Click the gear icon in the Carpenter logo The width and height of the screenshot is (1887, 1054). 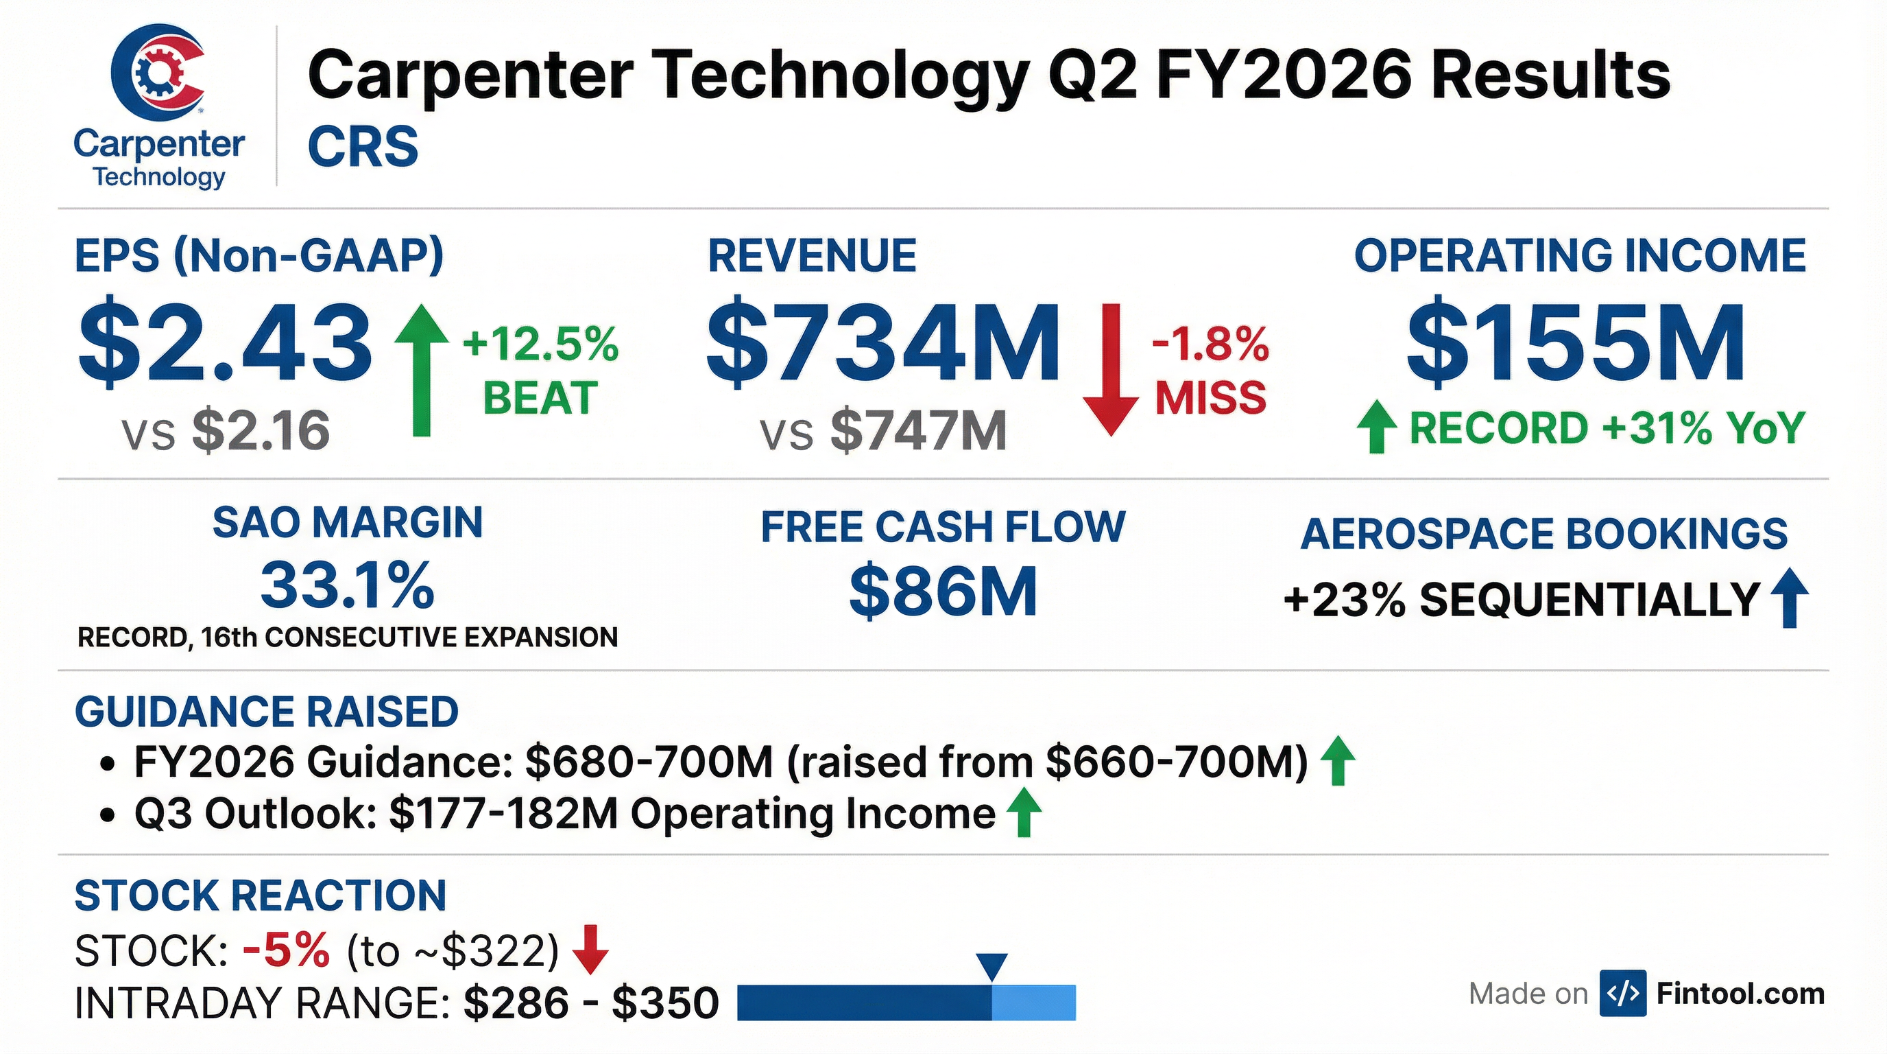(x=154, y=72)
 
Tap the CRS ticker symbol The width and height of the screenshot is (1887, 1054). (x=363, y=147)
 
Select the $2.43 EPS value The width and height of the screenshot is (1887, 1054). (x=225, y=343)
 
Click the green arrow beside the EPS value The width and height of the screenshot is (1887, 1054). (x=421, y=370)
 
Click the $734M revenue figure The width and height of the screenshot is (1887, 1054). (x=882, y=343)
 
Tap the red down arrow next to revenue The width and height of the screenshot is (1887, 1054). (x=1111, y=370)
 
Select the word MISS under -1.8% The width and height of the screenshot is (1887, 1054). (x=1211, y=398)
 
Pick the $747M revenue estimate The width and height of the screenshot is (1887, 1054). (x=918, y=431)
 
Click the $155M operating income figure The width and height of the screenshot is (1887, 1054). (x=1576, y=343)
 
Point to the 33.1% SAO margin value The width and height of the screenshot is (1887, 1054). (x=347, y=585)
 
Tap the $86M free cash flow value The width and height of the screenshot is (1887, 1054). (x=943, y=591)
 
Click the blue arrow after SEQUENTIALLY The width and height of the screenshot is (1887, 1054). (x=1790, y=598)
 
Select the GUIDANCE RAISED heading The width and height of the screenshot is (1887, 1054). (x=267, y=712)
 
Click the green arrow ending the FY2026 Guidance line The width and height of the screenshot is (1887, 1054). (x=1338, y=761)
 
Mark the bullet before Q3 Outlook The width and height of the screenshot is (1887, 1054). (x=108, y=816)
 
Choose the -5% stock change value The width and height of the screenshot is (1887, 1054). (x=286, y=950)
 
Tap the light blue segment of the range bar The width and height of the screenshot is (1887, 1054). (x=1033, y=1003)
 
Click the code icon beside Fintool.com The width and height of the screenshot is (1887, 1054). (x=1623, y=993)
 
